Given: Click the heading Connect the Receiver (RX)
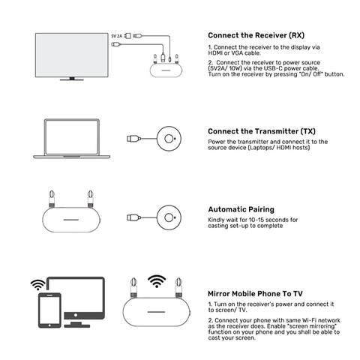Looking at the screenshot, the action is pos(256,35).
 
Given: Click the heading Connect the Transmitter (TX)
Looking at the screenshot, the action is pos(262,131).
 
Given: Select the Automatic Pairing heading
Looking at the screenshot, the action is pos(241,209).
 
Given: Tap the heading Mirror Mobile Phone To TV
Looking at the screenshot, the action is pos(255,293).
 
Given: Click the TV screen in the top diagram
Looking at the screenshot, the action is pos(72,55).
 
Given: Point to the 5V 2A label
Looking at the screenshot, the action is pos(116,36).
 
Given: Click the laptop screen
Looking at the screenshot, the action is pos(72,137).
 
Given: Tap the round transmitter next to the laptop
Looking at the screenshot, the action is pos(169,139).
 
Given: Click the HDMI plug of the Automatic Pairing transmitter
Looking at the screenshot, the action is pos(133,217).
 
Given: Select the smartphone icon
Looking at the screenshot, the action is pos(49,310).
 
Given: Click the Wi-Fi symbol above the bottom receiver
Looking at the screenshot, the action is pos(157,281).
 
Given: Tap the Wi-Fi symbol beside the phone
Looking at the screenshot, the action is pos(37,285).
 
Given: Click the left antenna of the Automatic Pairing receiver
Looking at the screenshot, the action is pos(52,199).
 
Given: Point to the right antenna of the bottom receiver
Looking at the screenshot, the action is pos(178,287).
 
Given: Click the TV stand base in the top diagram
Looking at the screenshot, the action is pos(72,79).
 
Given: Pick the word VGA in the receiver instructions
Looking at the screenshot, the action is pos(237,53).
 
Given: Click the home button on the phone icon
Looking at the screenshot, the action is pos(49,325).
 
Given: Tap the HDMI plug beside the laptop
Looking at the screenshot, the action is pos(133,139).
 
